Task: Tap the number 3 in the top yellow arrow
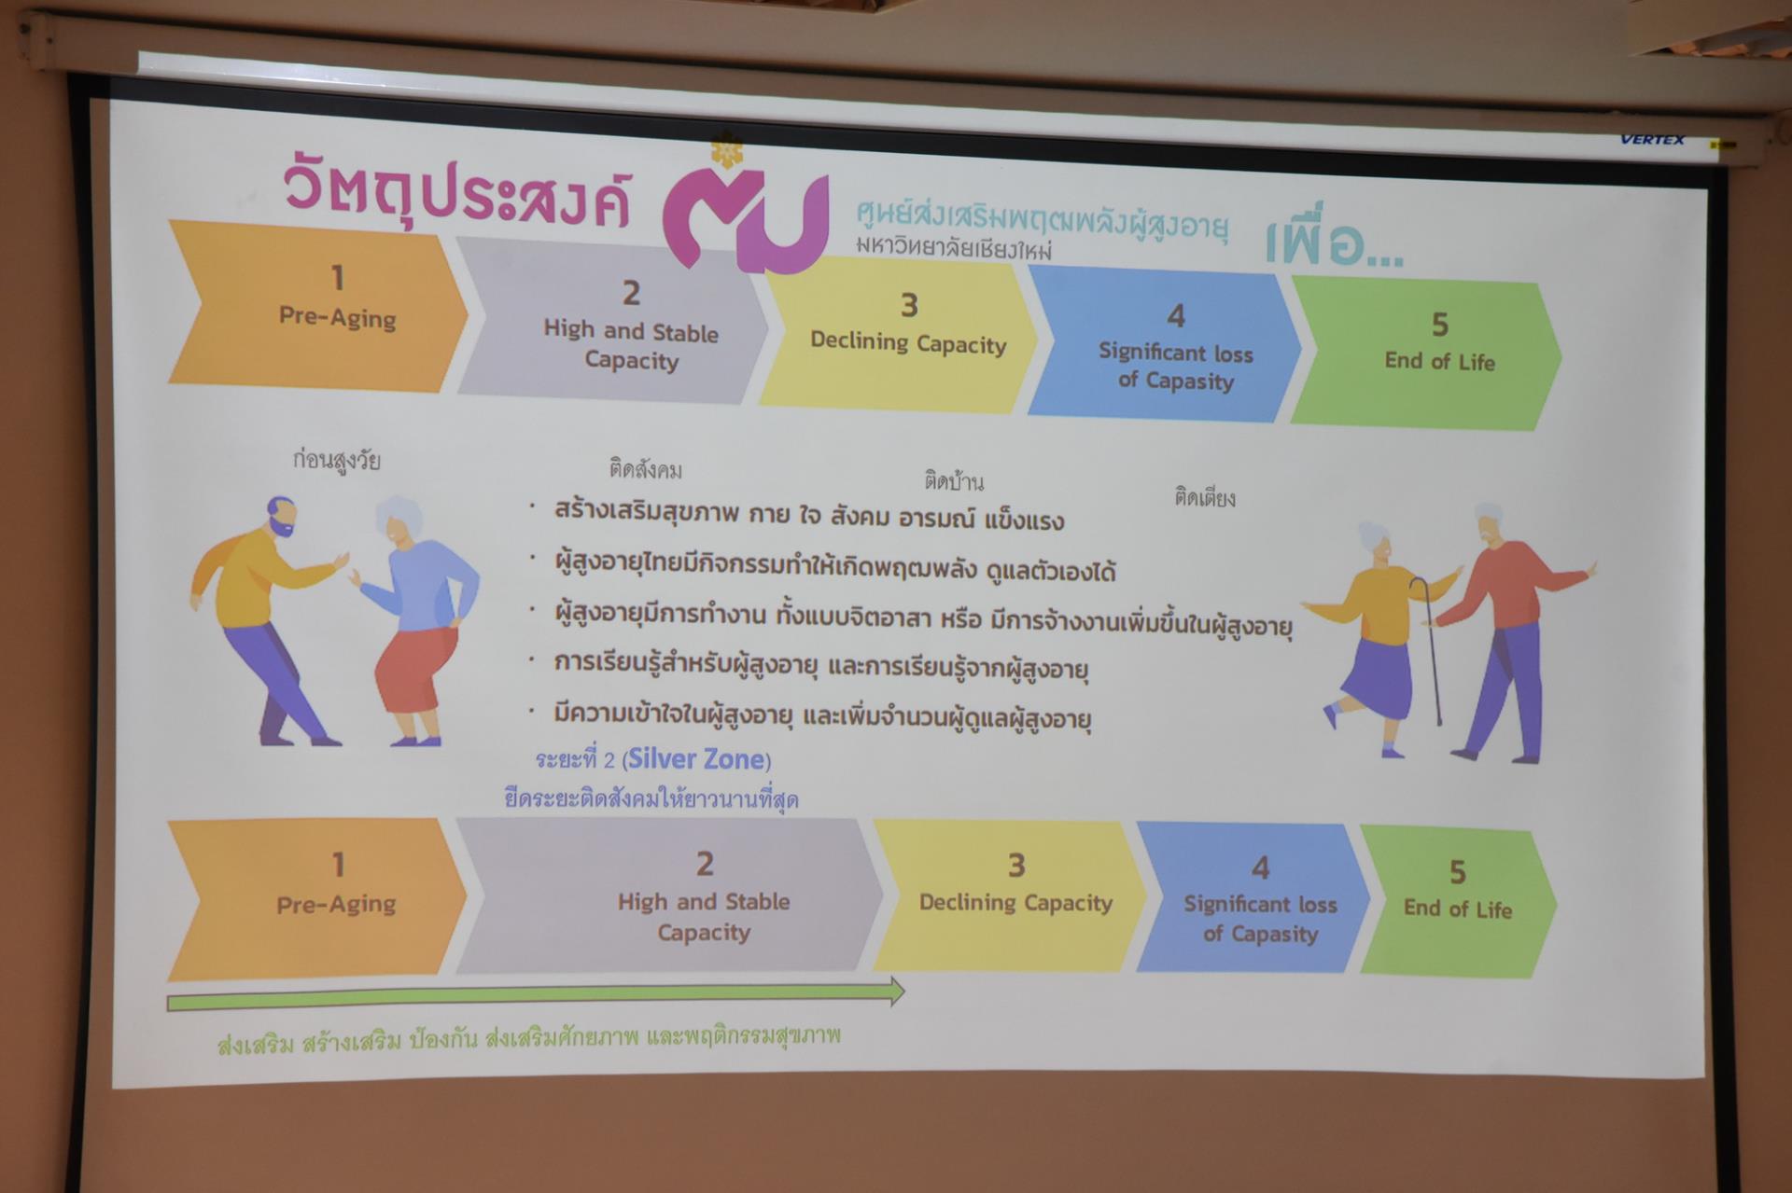click(909, 305)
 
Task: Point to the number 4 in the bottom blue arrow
click(1260, 868)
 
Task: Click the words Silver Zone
click(696, 759)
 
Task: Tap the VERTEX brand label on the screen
click(1653, 140)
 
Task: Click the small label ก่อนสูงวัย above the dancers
click(336, 460)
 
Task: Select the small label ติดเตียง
click(1205, 497)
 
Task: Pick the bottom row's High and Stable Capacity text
click(704, 917)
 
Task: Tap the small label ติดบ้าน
click(954, 481)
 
